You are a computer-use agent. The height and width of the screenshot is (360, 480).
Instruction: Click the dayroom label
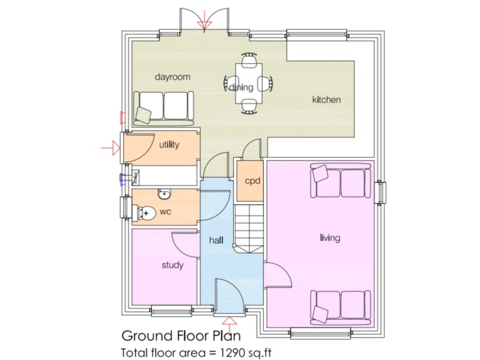172,77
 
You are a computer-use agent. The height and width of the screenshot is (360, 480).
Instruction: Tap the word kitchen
326,99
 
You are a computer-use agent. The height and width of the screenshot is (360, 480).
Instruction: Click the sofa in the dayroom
164,105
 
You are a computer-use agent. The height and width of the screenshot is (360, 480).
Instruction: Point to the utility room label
169,145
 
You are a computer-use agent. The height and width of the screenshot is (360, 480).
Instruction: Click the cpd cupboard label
252,181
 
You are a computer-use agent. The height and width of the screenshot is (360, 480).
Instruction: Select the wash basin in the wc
164,193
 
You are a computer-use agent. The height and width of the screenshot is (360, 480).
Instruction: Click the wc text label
165,212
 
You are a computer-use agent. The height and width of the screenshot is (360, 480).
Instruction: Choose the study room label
172,265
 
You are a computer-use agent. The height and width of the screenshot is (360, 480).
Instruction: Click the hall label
216,239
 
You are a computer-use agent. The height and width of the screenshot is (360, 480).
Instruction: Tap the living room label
329,237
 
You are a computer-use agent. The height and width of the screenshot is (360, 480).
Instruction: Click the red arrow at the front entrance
229,322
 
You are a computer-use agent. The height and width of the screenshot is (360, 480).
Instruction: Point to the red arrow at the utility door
110,148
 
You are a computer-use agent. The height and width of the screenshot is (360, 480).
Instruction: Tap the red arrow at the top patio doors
204,24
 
